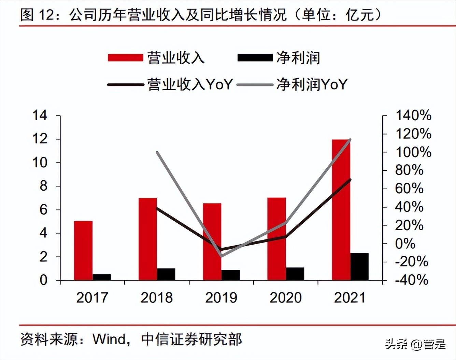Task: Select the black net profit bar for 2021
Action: (359, 267)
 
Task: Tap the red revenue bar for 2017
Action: (83, 251)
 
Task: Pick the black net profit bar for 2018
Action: (166, 274)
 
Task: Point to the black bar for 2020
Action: (295, 274)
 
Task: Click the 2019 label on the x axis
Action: (221, 297)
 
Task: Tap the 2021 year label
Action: (350, 297)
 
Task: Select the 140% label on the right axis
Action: (413, 115)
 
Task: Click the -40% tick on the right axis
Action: (411, 280)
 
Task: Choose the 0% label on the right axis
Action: (405, 244)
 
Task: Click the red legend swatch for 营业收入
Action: (125, 57)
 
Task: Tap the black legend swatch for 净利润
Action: (255, 57)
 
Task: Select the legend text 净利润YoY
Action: (312, 84)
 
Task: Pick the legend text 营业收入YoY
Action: (190, 84)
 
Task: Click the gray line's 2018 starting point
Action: (157, 152)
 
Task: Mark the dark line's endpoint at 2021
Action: (350, 180)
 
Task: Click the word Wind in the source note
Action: (109, 339)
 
